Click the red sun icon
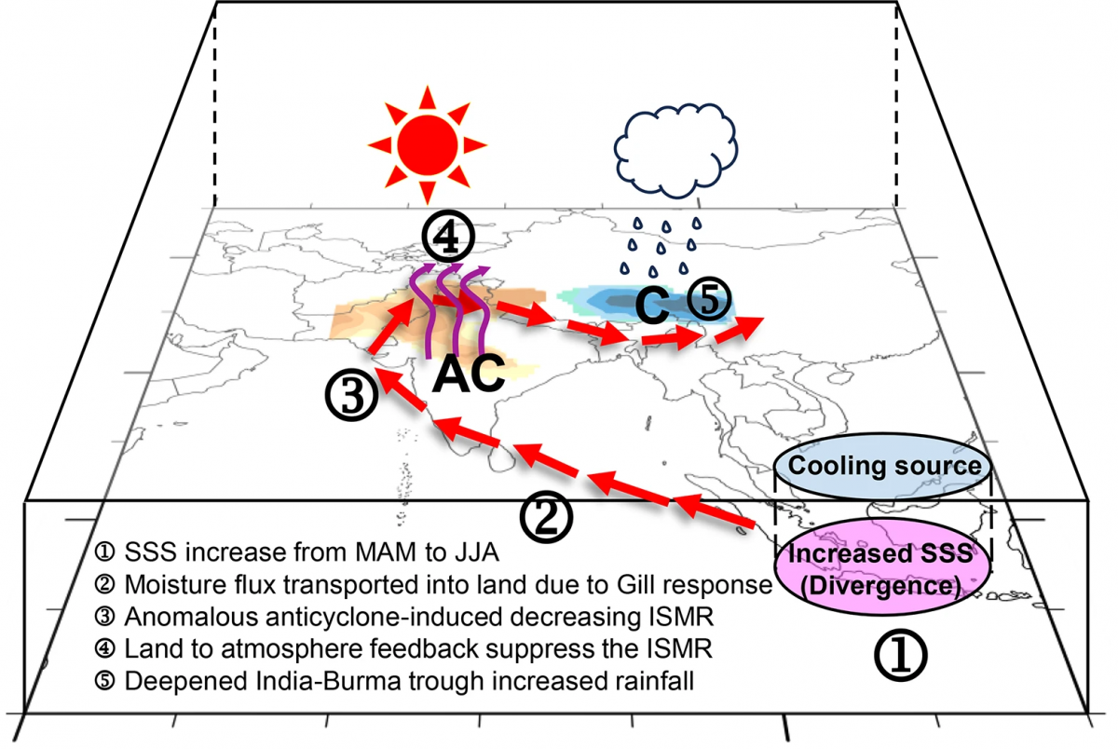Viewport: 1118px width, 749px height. click(427, 144)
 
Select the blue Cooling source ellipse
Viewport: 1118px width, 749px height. click(881, 466)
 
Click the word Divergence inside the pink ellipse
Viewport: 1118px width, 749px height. click(881, 588)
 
